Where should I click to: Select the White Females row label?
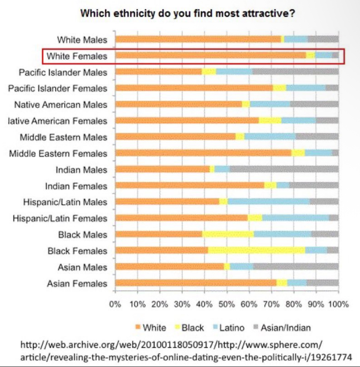click(x=77, y=56)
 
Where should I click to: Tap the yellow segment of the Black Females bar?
click(x=256, y=251)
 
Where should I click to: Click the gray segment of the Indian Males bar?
click(x=284, y=170)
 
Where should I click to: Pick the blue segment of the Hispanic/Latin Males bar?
click(x=268, y=202)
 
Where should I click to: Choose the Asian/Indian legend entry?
click(x=286, y=327)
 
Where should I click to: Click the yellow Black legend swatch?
click(x=177, y=327)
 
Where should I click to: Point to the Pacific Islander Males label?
click(x=63, y=72)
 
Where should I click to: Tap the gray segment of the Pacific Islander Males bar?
click(x=295, y=72)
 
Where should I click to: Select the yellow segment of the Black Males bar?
click(x=228, y=234)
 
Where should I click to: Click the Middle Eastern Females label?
click(x=58, y=153)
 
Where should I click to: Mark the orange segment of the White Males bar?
click(x=198, y=40)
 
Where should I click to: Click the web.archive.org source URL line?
click(x=171, y=346)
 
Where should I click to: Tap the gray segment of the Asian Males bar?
click(x=296, y=267)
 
